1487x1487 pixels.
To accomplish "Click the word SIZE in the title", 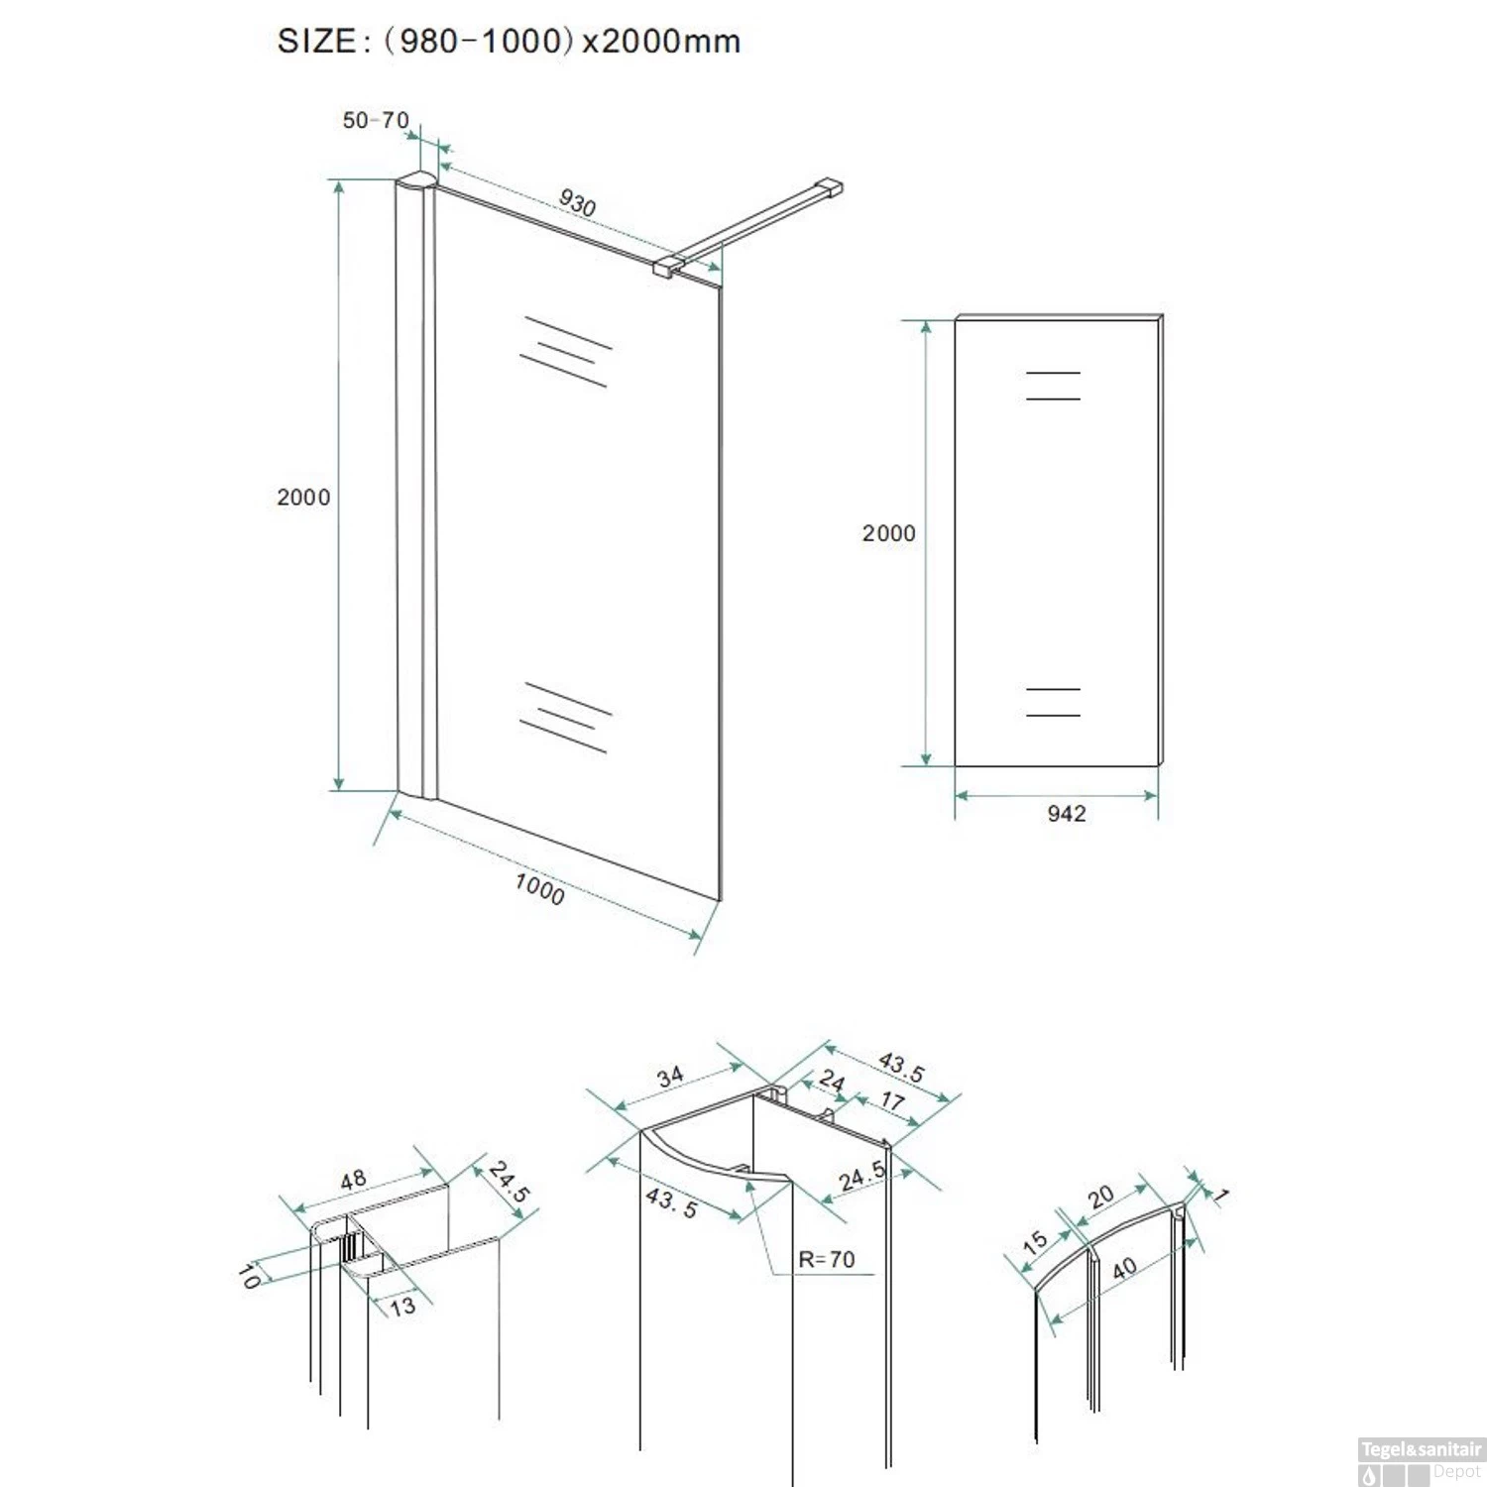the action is pyautogui.click(x=316, y=42).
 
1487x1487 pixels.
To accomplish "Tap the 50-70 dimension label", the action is pyautogui.click(x=376, y=120).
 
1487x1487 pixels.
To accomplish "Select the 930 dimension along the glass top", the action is pyautogui.click(x=577, y=203).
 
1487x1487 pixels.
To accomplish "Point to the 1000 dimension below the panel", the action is pyautogui.click(x=539, y=888).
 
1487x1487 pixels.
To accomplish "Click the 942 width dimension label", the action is pyautogui.click(x=1067, y=814).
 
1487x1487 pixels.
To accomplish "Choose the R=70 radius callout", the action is pyautogui.click(x=827, y=1259).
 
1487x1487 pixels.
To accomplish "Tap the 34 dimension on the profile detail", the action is pyautogui.click(x=670, y=1077).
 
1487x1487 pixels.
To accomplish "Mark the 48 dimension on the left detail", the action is pyautogui.click(x=353, y=1180).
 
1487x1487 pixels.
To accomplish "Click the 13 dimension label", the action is pyautogui.click(x=402, y=1307).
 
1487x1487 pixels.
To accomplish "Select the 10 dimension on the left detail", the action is pyautogui.click(x=249, y=1276).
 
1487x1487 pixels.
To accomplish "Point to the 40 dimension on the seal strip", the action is pyautogui.click(x=1124, y=1268).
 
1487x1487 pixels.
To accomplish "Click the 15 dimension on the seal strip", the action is pyautogui.click(x=1035, y=1241).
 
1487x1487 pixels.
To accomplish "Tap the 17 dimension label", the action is pyautogui.click(x=892, y=1100).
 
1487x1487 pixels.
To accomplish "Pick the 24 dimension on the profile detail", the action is pyautogui.click(x=832, y=1082).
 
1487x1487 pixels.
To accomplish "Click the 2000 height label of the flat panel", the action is pyautogui.click(x=888, y=533).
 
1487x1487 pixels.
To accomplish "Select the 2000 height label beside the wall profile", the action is pyautogui.click(x=303, y=498).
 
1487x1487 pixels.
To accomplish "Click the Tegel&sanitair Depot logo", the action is pyautogui.click(x=1421, y=1462).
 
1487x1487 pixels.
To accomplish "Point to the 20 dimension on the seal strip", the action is pyautogui.click(x=1100, y=1197).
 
